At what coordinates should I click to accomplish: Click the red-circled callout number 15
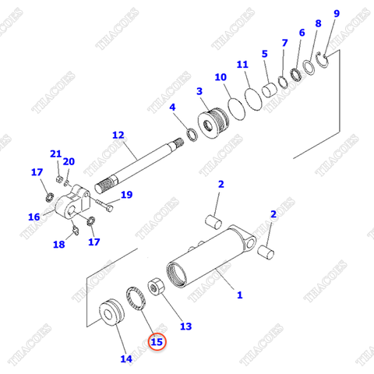pos(157,340)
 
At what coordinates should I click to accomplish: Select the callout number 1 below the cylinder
pos(239,295)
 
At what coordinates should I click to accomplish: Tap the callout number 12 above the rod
pos(118,135)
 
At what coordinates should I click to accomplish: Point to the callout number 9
pos(337,14)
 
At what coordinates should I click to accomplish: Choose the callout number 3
pos(200,92)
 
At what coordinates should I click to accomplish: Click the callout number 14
pos(126,358)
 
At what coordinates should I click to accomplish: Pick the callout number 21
pos(55,153)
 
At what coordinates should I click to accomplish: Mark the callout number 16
pos(34,217)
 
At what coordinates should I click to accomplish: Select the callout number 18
pos(59,245)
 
